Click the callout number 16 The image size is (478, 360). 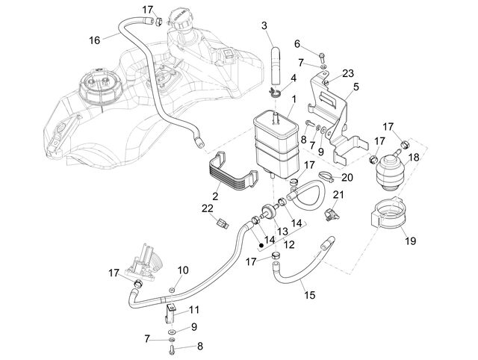click(x=95, y=40)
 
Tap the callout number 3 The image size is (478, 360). click(x=264, y=25)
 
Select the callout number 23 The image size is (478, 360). click(x=348, y=73)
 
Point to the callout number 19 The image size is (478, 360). click(x=410, y=240)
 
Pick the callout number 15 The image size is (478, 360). click(x=309, y=295)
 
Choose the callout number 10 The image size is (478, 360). click(x=183, y=270)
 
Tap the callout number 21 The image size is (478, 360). click(x=338, y=194)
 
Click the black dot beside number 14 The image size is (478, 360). click(x=261, y=244)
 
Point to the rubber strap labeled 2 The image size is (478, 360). click(x=233, y=171)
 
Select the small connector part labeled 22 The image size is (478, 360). click(x=223, y=225)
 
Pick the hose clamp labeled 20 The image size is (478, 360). click(x=326, y=176)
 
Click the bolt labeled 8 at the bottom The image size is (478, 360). click(x=171, y=350)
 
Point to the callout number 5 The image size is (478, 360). click(x=356, y=87)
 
